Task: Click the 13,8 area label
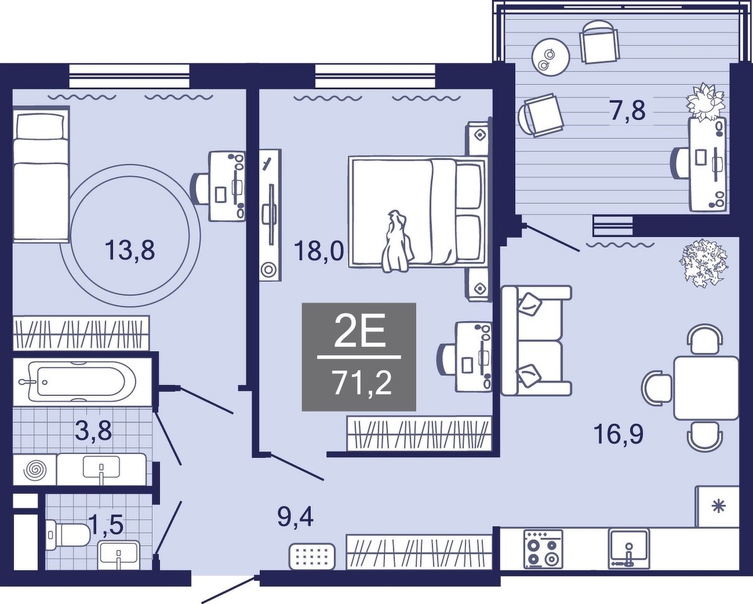129,251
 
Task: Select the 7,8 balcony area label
627,110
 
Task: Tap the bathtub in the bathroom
82,381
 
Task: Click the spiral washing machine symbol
35,469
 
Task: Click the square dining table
706,388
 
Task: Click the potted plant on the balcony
704,102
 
